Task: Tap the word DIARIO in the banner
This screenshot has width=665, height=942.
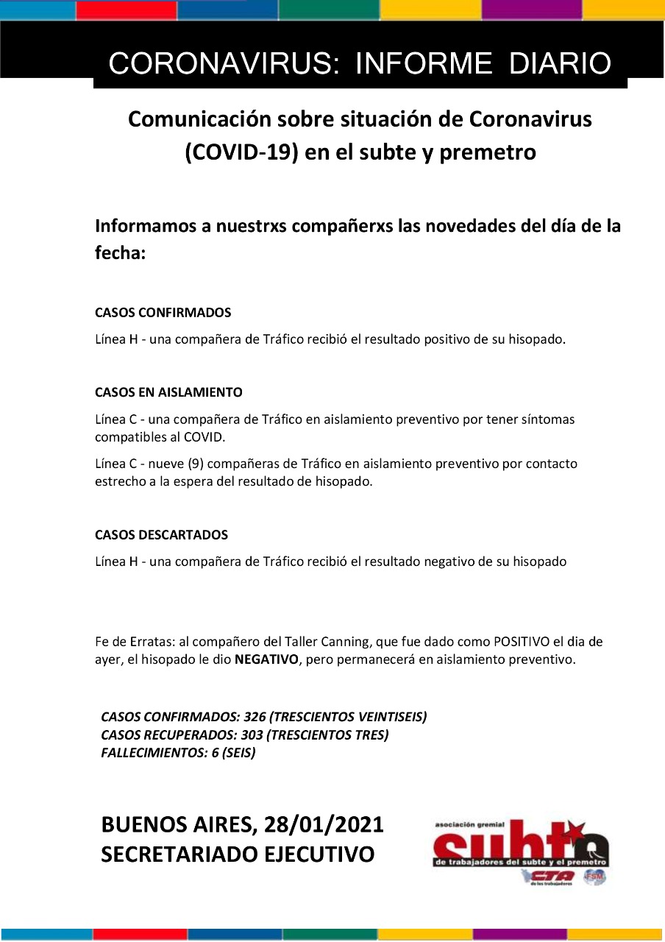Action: (x=561, y=64)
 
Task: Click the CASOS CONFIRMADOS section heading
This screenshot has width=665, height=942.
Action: (x=163, y=313)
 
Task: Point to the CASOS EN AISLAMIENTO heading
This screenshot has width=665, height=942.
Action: (x=168, y=392)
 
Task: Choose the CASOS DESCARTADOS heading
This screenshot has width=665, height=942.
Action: (x=161, y=535)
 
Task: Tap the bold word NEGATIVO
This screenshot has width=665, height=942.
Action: (x=266, y=660)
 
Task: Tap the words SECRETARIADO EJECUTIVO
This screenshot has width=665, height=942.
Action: (x=238, y=855)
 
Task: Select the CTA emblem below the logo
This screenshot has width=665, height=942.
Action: (x=547, y=876)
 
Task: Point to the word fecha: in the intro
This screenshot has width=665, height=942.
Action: (x=121, y=253)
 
